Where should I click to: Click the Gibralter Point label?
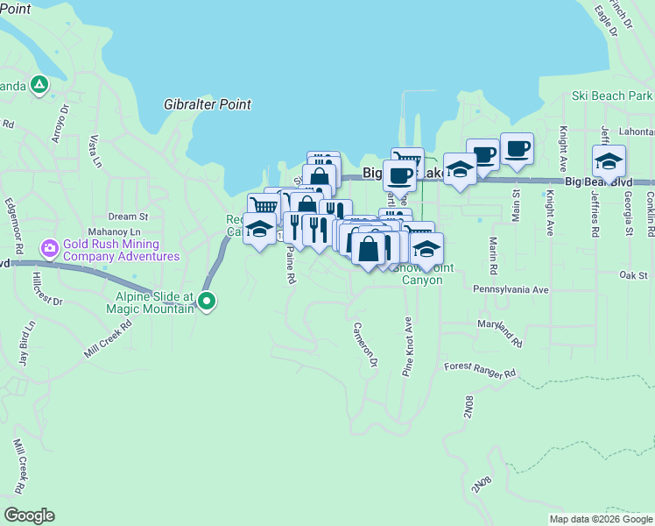coord(208,104)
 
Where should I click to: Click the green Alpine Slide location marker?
coord(207,302)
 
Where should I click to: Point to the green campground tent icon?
coord(39,85)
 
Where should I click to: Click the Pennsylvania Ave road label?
coord(511,288)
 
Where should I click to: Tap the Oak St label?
coord(632,275)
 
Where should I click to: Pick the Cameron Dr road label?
coord(365,344)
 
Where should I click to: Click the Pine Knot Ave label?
coord(407,347)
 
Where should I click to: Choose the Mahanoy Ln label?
coord(115,231)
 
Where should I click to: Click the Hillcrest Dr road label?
coord(47,288)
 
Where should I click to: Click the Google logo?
coord(29,515)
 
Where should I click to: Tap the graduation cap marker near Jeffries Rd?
coord(609,160)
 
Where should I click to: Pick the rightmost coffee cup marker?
coord(517,148)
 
